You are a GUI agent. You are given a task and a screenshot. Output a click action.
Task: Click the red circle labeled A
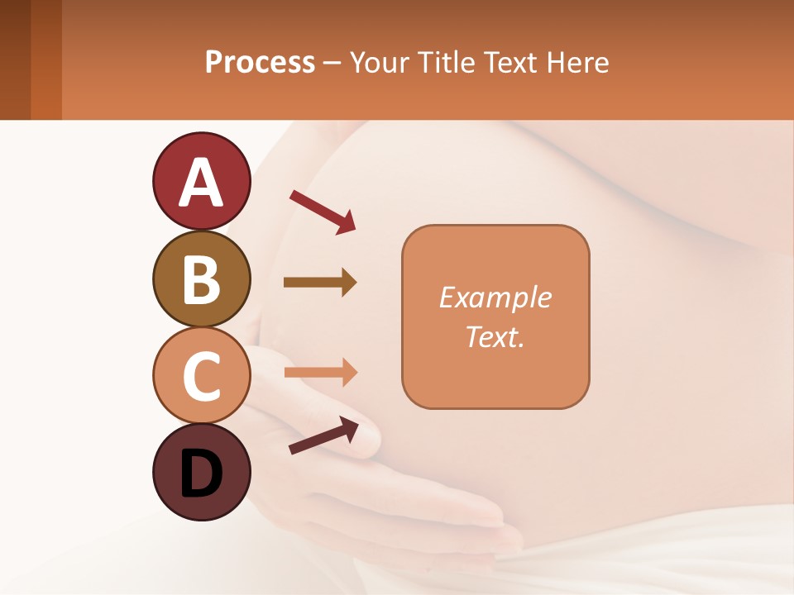[x=201, y=182]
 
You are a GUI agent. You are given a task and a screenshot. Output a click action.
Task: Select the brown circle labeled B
[x=201, y=278]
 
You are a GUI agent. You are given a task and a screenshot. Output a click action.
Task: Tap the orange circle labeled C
[x=201, y=375]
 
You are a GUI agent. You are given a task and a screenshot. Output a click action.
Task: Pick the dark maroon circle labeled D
[x=201, y=472]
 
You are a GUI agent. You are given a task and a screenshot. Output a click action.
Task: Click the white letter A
[x=201, y=183]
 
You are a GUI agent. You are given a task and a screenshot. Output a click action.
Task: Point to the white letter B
[x=201, y=279]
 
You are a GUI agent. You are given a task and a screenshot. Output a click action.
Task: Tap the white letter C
[x=201, y=376]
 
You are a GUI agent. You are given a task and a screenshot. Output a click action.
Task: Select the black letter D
[x=201, y=474]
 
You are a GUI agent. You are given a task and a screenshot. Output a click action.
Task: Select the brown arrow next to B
[x=320, y=283]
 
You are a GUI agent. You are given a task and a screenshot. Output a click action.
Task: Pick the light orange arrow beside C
[x=320, y=372]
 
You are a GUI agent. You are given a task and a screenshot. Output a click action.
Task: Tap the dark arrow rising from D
[x=323, y=436]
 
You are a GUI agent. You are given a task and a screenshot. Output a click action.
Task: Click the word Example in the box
[x=495, y=297]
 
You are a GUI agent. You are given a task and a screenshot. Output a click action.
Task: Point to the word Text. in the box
[x=495, y=336]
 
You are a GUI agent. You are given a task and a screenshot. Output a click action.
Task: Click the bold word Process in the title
[x=260, y=62]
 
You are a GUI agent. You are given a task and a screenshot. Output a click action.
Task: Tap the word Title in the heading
[x=450, y=62]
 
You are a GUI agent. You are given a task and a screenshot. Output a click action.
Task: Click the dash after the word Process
[x=332, y=64]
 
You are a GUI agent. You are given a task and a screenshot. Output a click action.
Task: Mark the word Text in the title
[x=513, y=62]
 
